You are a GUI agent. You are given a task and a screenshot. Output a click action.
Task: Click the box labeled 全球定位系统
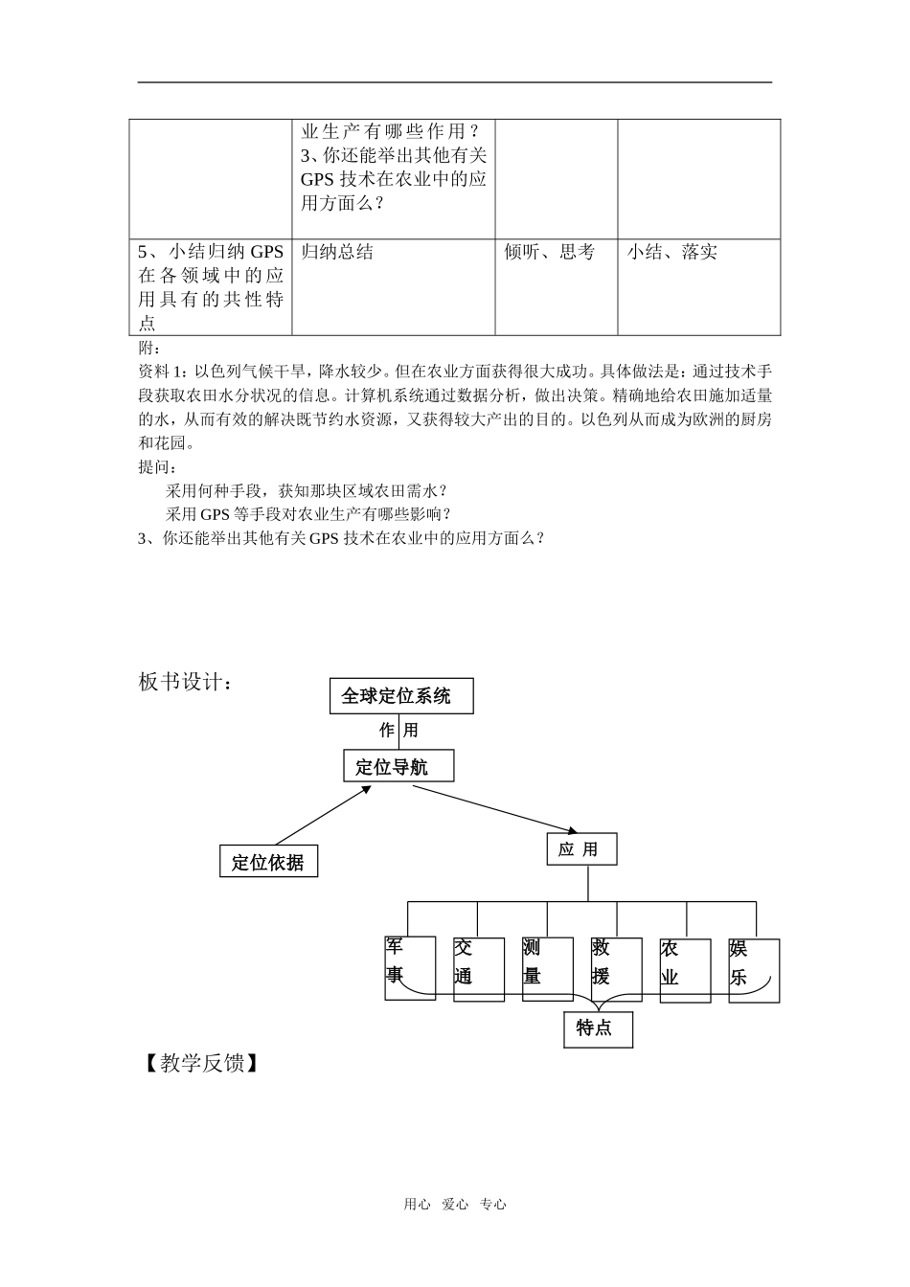[x=401, y=696]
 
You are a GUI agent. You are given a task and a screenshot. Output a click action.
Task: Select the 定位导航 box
[x=398, y=766]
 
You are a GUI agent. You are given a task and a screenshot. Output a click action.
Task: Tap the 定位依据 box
[x=268, y=862]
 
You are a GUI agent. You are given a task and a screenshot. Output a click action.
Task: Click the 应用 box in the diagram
[x=581, y=849]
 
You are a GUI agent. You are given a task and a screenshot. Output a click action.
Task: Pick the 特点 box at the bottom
[x=598, y=1029]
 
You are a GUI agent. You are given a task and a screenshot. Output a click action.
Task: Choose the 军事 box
[x=409, y=968]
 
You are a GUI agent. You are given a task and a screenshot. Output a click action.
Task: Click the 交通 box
[x=478, y=969]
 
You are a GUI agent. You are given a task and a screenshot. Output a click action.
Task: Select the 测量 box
[x=547, y=969]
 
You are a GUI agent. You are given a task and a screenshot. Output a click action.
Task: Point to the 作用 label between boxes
[x=398, y=731]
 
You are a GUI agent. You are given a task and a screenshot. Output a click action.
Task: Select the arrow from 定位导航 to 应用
[x=495, y=806]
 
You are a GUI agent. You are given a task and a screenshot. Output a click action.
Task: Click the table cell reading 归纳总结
[x=337, y=252]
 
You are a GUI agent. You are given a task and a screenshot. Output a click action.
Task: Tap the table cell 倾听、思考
[x=550, y=252]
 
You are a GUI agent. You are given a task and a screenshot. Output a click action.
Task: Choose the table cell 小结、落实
[x=672, y=252]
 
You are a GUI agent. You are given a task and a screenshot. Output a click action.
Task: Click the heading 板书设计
[x=185, y=682]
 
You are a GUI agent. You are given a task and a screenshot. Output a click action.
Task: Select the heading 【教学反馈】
[x=198, y=1063]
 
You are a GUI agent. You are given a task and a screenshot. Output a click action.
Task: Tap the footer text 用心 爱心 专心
[x=455, y=1205]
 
